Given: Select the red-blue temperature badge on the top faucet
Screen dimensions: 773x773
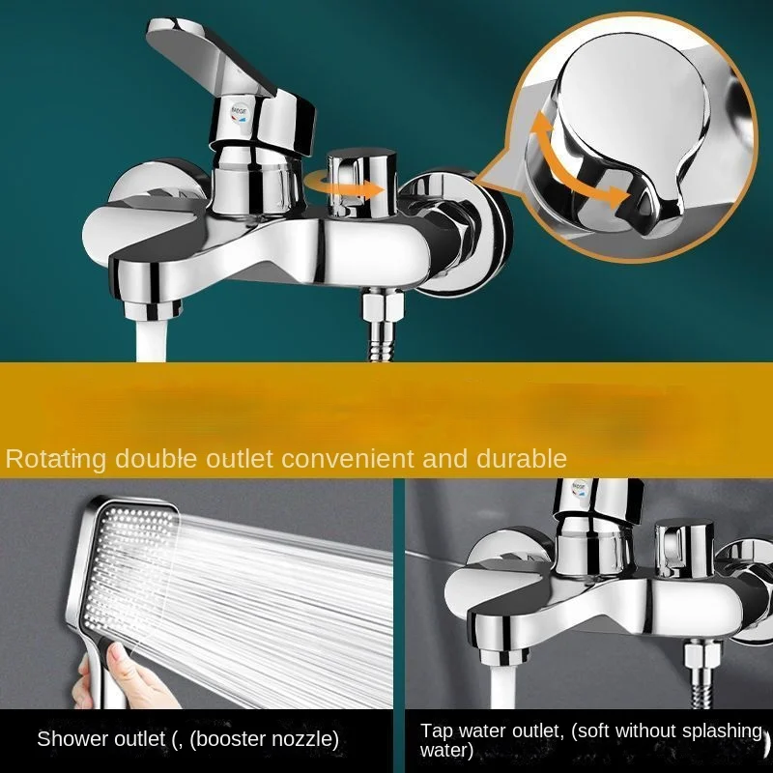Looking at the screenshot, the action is click(x=238, y=113).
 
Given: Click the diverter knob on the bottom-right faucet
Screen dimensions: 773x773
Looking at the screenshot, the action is click(x=683, y=547).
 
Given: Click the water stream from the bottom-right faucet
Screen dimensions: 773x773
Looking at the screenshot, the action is click(x=503, y=685).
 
